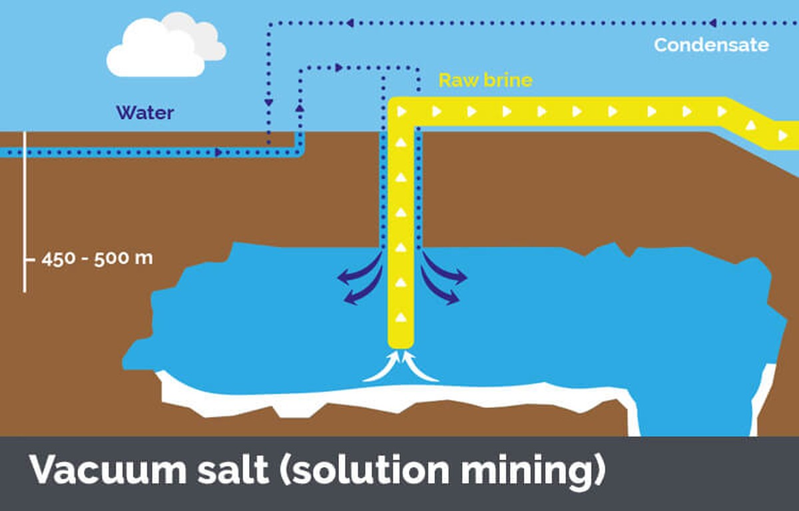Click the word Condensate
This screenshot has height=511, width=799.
tap(711, 45)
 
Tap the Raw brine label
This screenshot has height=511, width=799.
tap(485, 81)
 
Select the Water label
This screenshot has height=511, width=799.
tap(145, 112)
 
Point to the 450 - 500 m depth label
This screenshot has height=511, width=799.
tap(97, 258)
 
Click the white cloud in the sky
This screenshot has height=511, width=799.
tap(164, 45)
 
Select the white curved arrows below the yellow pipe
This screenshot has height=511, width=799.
tap(401, 368)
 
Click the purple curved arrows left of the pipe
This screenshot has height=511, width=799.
tap(360, 280)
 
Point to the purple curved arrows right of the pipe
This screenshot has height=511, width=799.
tap(442, 280)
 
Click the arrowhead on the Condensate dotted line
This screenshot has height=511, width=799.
tap(712, 23)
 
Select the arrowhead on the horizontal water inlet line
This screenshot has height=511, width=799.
tap(218, 152)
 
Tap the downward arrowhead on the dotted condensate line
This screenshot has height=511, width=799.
tap(269, 104)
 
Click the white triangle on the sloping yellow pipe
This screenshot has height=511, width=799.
tap(750, 124)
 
